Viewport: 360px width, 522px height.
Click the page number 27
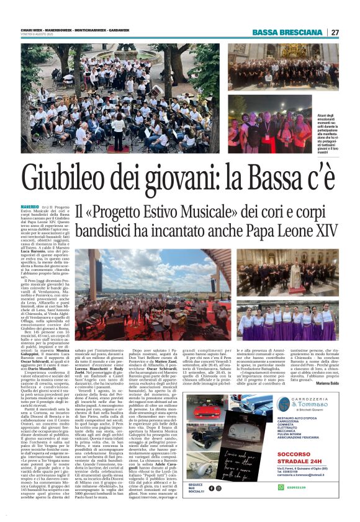pos(335,32)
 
